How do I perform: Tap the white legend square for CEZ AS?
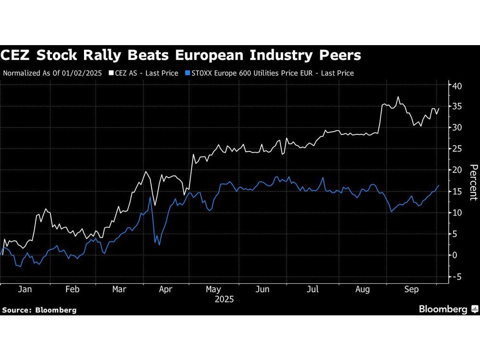(111, 73)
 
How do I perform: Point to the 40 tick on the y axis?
(456, 86)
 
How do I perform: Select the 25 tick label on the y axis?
(456, 149)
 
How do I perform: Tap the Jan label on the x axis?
(24, 290)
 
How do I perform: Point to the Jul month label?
(312, 290)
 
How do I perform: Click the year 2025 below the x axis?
(224, 300)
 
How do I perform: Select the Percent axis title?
(473, 182)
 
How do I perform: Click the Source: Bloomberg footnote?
(39, 310)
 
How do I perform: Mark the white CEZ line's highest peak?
(398, 97)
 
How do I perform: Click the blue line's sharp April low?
(159, 245)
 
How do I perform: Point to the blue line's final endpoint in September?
(438, 185)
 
